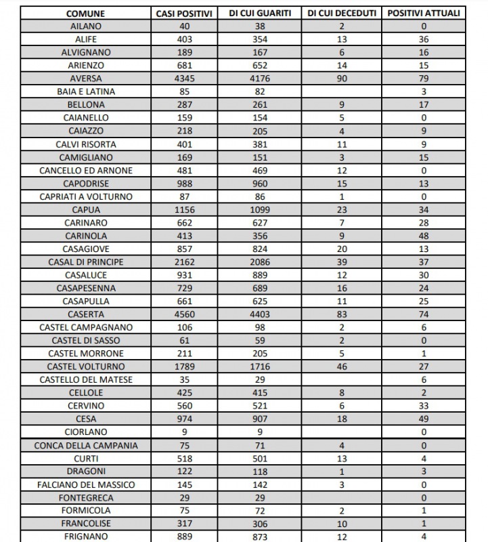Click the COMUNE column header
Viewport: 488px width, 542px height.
85,13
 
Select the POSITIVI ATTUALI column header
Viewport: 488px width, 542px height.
423,13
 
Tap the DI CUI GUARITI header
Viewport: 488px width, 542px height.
259,13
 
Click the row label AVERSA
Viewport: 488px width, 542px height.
85,79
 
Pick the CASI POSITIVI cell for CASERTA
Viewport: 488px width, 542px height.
184,314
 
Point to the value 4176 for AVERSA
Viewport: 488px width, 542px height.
259,79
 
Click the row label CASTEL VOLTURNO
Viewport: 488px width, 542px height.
86,367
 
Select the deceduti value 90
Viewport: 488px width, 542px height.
342,79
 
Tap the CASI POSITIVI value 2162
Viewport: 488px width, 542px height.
184,262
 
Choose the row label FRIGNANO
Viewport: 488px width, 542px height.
85,537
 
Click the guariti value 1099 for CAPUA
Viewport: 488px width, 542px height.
259,209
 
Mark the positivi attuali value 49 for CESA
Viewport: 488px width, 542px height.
423,419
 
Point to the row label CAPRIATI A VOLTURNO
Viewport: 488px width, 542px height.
86,196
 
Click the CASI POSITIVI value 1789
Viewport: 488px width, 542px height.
184,367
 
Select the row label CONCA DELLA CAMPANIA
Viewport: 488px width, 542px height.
86,445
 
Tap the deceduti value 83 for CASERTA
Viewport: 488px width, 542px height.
342,314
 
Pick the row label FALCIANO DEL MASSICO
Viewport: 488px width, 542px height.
86,484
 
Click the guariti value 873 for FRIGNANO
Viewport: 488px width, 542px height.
259,537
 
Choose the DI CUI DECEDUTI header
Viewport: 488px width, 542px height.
342,13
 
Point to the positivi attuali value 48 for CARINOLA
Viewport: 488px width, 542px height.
423,236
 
